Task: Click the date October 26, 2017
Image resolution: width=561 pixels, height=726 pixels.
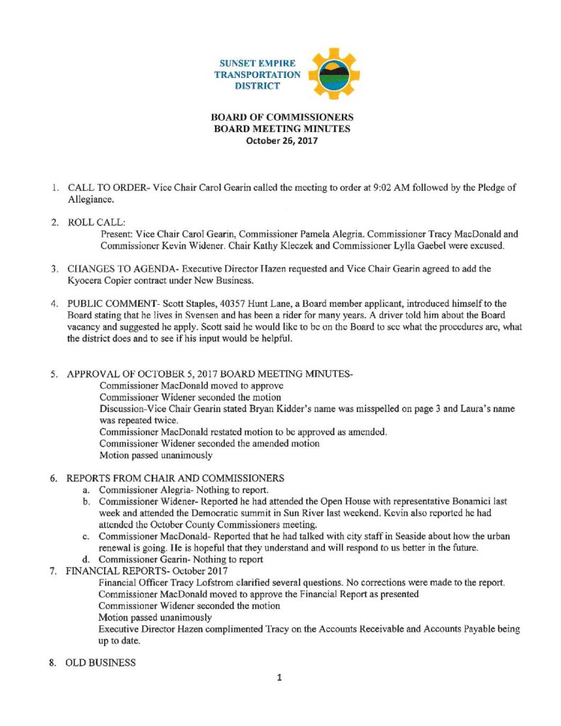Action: coord(281,140)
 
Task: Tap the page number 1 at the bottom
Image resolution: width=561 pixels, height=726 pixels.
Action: coord(280,677)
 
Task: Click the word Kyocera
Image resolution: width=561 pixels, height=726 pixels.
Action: coord(87,281)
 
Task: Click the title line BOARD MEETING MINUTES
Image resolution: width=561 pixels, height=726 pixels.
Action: coord(281,129)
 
